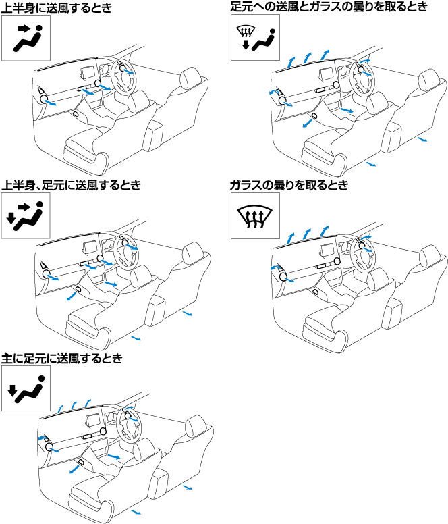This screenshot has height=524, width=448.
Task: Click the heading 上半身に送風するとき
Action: [x=57, y=7]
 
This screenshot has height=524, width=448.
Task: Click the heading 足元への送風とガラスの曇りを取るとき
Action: [x=329, y=7]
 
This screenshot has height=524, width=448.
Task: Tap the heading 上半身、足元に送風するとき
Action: [x=71, y=185]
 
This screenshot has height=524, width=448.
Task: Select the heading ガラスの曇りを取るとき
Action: [x=289, y=185]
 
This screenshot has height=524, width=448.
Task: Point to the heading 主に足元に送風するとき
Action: [x=62, y=359]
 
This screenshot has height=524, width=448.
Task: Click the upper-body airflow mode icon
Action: [x=26, y=38]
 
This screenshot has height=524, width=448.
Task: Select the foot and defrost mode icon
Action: [x=256, y=37]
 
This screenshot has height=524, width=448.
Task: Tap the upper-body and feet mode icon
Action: [x=26, y=215]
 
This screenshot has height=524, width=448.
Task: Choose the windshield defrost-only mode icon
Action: [x=256, y=215]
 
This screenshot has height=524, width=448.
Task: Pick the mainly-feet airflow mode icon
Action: [x=26, y=388]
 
